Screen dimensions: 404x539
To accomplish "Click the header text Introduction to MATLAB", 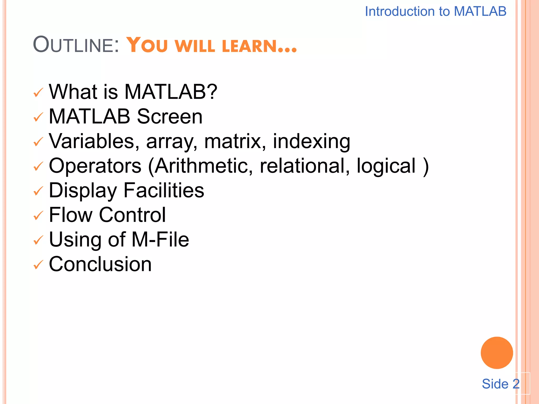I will [435, 12].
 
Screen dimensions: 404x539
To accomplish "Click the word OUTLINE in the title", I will [76, 45].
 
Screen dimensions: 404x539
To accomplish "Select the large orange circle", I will [497, 353].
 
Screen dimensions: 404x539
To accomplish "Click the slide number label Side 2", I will [500, 384].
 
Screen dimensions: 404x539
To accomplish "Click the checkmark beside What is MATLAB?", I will [38, 93].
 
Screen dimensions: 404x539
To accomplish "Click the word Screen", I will [170, 117].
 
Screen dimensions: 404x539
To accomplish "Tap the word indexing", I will [311, 141].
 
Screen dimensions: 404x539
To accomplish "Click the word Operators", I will [95, 166].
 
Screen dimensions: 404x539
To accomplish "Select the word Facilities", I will [164, 190].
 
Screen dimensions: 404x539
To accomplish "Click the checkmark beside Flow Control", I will [38, 216].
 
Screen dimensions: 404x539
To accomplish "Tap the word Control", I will [132, 215].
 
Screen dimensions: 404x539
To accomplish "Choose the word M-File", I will [160, 240].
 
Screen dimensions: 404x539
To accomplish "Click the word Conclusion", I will [100, 264].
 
